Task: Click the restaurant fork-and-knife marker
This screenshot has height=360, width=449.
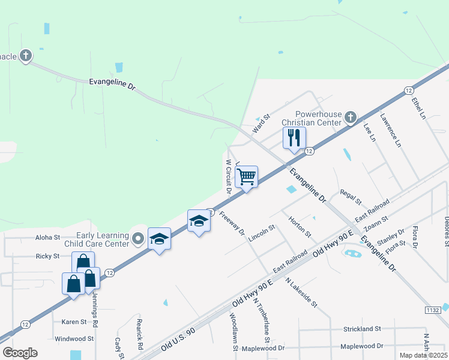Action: pos(294,138)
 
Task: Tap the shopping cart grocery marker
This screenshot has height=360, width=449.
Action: pos(246,177)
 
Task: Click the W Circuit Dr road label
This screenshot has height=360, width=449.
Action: pos(228,176)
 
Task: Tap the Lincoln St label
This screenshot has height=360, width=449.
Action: pos(262,233)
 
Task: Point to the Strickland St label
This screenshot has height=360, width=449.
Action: pos(363,329)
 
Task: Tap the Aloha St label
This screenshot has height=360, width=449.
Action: pos(47,238)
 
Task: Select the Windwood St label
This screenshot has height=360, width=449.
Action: pos(74,338)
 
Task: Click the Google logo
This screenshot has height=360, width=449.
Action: pos(20,353)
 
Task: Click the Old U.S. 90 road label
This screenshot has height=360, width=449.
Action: pos(178,340)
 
